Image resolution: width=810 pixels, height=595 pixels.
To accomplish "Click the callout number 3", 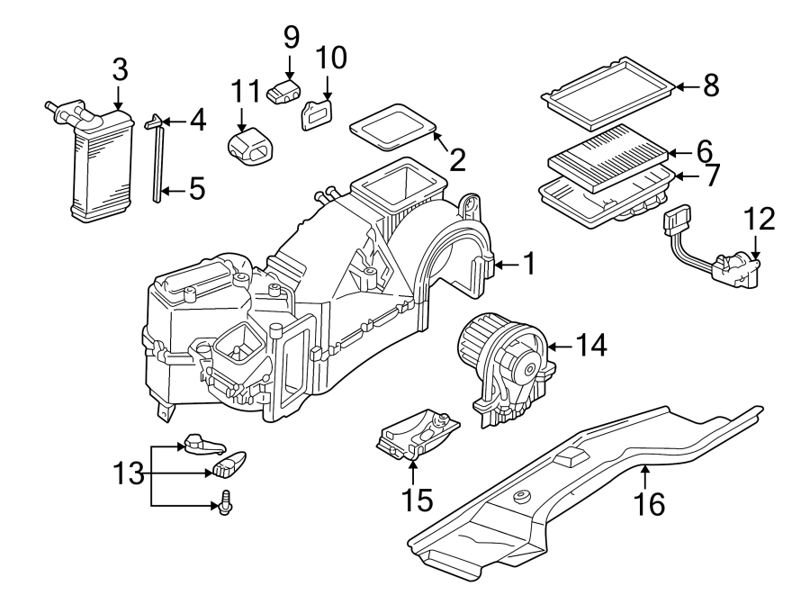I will point(120,69).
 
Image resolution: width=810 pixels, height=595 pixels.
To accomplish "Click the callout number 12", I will point(758,219).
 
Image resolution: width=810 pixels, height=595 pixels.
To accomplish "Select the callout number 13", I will point(129,473).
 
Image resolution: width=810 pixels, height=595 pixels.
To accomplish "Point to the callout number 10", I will point(330,59).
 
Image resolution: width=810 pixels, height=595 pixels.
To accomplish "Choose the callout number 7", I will point(712,176).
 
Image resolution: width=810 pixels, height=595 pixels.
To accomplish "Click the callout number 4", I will point(197,120).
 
